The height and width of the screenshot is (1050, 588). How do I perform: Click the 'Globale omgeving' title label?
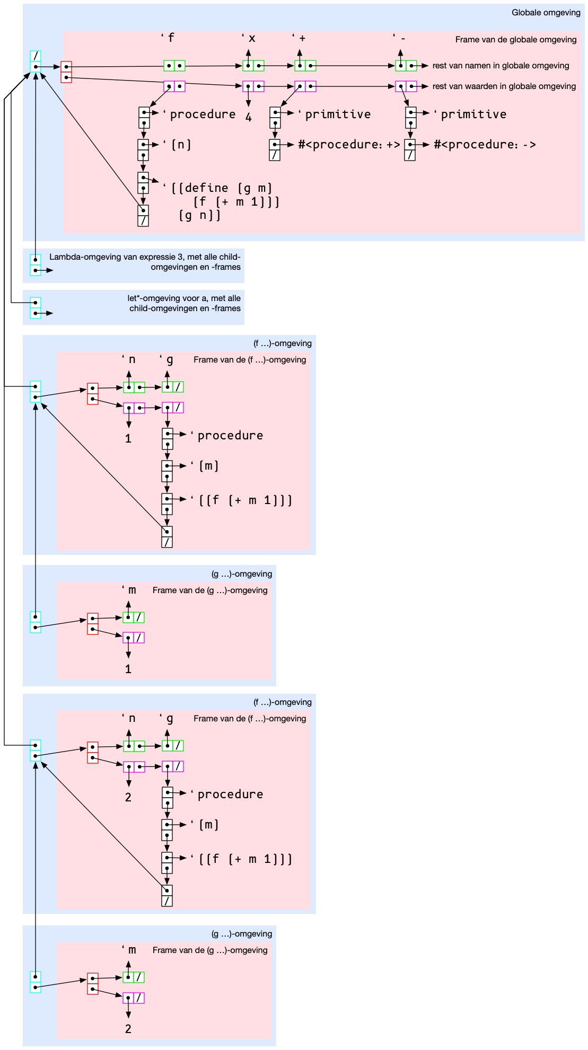coord(546,13)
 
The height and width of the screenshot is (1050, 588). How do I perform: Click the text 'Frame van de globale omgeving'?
coord(515,40)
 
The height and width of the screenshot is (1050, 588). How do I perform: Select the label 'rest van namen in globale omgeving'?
coord(501,66)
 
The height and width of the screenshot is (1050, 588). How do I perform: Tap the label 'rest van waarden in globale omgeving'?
coord(504,86)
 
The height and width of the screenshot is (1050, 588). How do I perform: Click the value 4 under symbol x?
coord(248,118)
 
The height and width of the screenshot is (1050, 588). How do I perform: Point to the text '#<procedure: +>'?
coord(348,145)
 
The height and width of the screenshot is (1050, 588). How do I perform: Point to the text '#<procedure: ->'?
coord(484,145)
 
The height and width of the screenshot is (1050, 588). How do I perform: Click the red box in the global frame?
coord(66,72)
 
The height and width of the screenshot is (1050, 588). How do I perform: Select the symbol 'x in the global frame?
coord(249,38)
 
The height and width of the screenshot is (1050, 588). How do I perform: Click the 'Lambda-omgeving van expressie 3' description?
coord(145,262)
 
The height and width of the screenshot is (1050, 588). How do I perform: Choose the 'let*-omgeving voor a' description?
coord(185,303)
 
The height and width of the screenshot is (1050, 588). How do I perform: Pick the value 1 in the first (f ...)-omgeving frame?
coord(128,439)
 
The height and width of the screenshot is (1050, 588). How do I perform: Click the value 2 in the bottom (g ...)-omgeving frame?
coord(128,1029)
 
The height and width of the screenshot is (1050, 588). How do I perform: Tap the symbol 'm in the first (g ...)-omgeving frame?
coord(130,590)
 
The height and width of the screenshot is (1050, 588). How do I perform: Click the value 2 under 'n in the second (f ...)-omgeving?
coord(128,798)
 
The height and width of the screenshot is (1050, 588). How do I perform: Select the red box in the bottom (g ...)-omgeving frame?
coord(93,984)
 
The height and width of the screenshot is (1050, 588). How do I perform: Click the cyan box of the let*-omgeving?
coord(36,308)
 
